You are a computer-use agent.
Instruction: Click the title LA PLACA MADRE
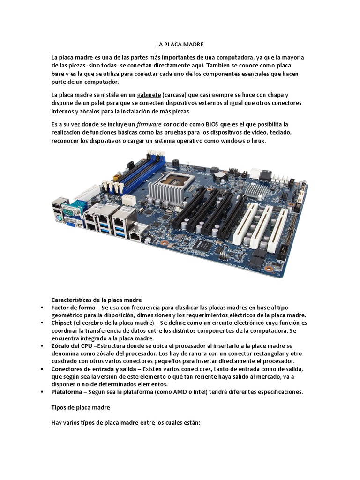180,45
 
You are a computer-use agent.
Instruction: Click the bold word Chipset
62,323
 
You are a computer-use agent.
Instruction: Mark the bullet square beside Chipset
42,323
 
